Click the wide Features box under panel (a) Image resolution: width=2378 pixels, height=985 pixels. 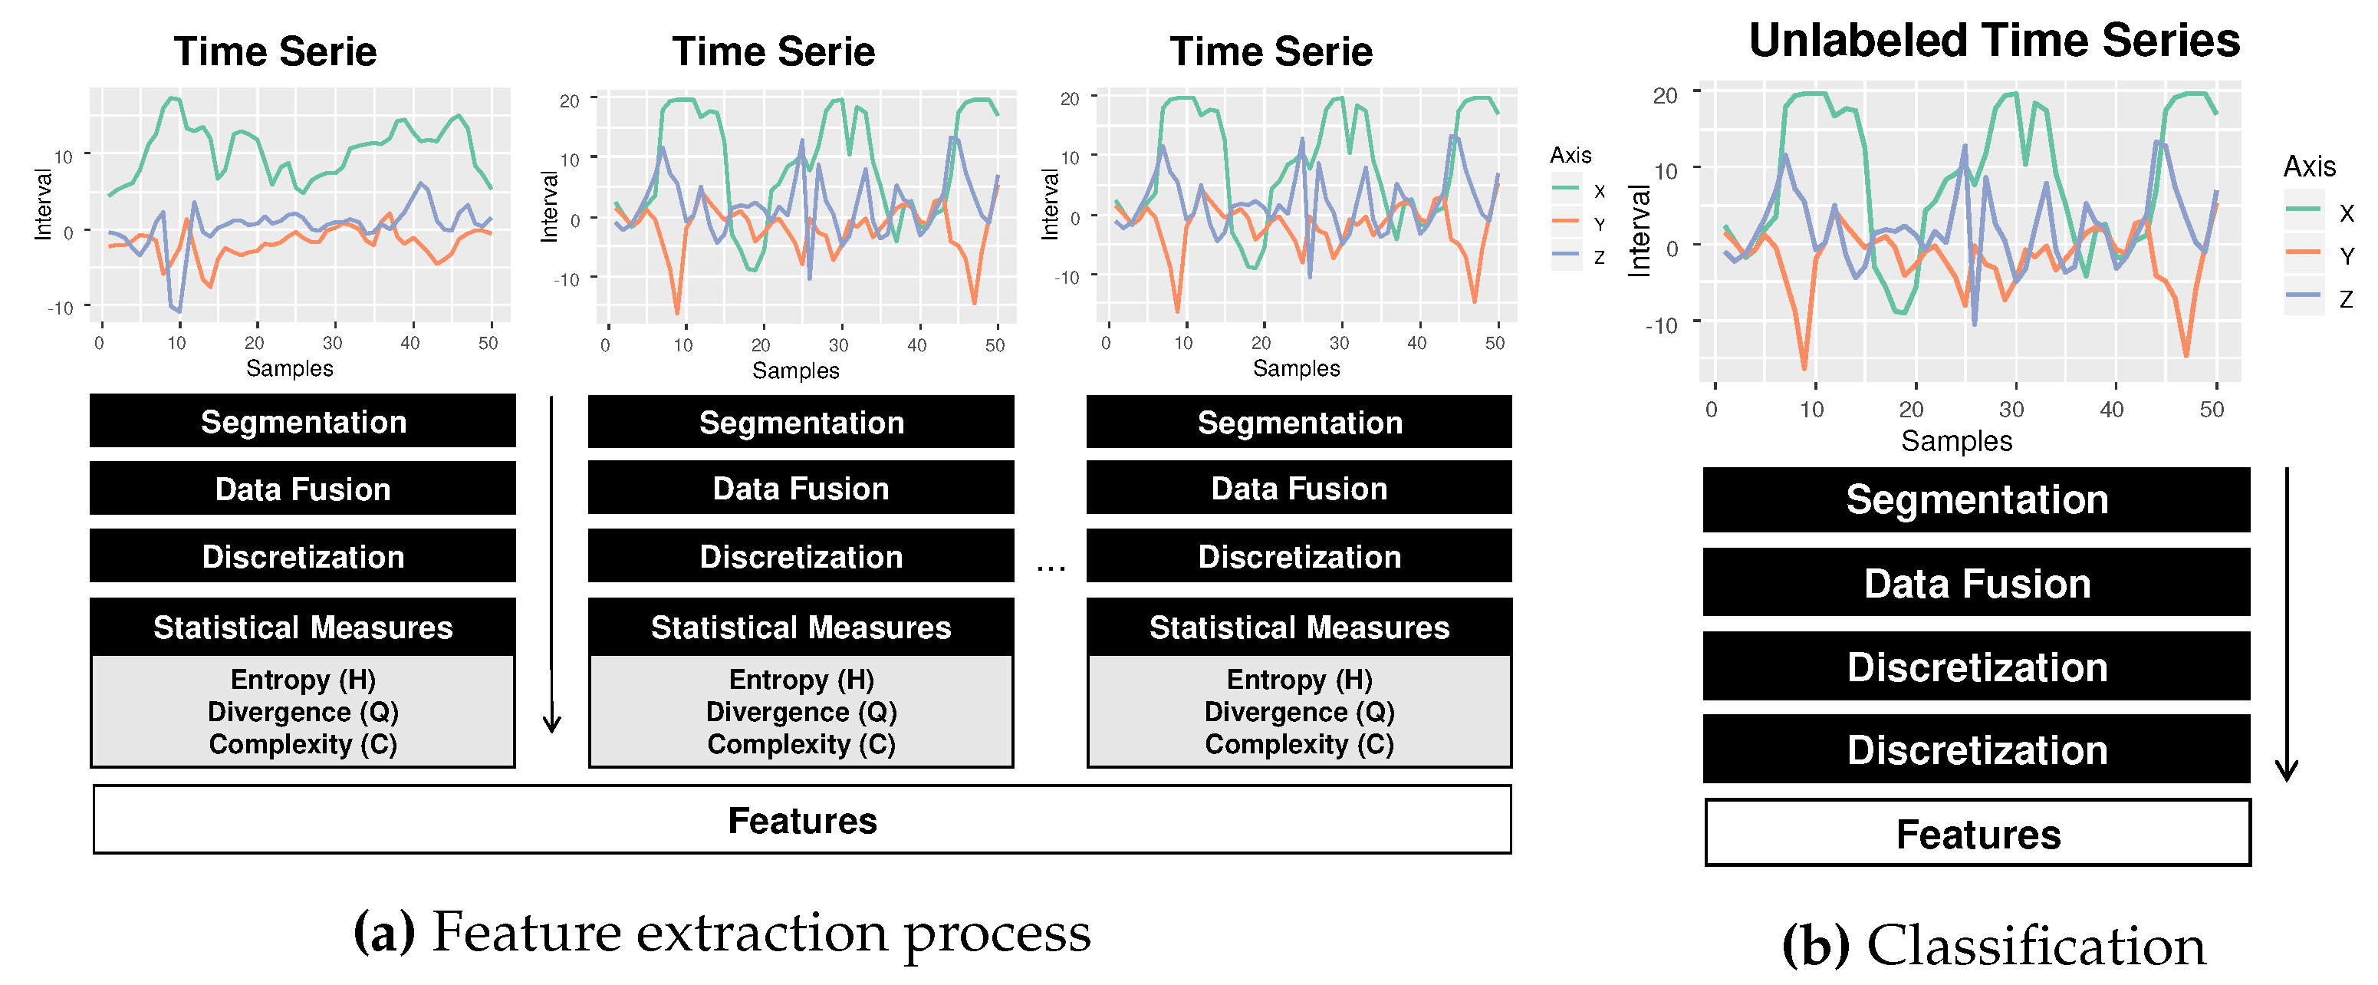click(801, 820)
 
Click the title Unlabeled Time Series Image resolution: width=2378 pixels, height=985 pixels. click(1994, 41)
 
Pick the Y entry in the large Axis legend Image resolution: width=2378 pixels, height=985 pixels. click(2346, 255)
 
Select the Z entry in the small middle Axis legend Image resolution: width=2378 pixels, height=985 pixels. click(1599, 258)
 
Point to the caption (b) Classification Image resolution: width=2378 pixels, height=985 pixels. click(1994, 945)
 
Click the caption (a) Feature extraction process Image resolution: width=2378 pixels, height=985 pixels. click(722, 932)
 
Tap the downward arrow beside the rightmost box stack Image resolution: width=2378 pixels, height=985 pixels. click(2287, 628)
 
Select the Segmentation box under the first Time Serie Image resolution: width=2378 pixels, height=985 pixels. click(303, 422)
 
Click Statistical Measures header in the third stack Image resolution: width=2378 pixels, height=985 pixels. click(1299, 628)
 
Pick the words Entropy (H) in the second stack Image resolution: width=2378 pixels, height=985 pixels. click(801, 680)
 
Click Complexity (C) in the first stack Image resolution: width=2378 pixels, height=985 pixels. click(303, 744)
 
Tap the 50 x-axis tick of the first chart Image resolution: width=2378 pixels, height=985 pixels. click(488, 342)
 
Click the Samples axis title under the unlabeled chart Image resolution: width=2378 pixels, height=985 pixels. click(1956, 440)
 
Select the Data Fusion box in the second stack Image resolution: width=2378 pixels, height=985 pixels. click(801, 489)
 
